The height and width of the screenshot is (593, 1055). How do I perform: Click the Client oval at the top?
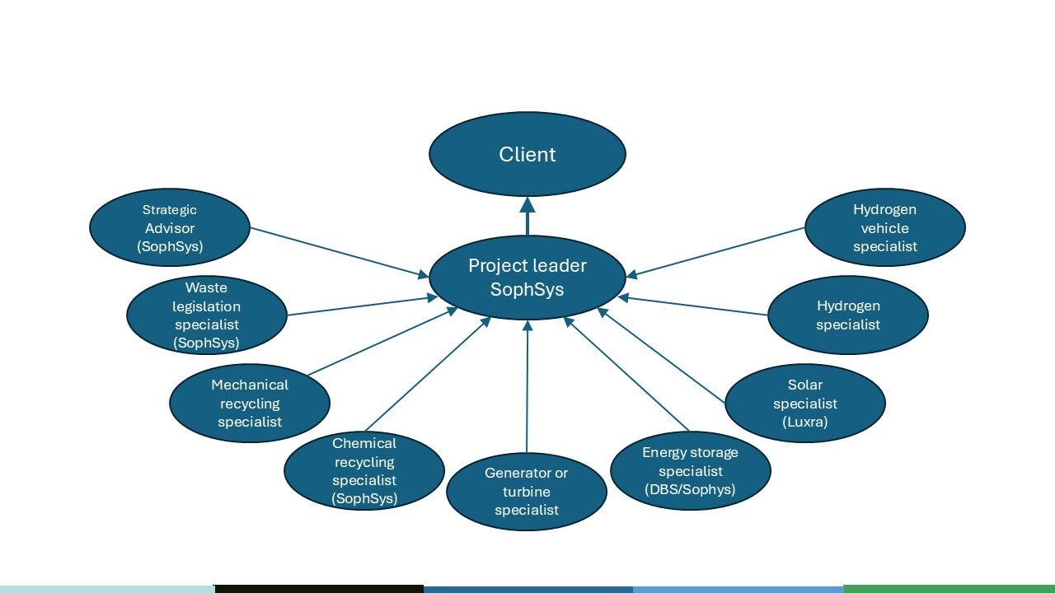point(527,154)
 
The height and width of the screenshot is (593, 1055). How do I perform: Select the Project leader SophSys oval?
point(527,278)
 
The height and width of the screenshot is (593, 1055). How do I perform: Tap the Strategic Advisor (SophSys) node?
point(169,228)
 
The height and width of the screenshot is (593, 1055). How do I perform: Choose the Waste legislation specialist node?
point(206,315)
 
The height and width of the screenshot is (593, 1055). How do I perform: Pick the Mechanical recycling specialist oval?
point(250,404)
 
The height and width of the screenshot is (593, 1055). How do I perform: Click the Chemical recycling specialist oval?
point(364,471)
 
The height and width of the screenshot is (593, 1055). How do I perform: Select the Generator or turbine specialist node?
point(527,492)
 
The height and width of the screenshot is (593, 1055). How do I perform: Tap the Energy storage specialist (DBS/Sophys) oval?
point(691,471)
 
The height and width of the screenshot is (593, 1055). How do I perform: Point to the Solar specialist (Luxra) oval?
point(805,404)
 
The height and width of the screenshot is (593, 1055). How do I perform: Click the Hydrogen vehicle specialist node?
point(885,228)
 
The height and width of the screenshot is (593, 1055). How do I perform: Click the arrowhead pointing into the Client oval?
point(527,205)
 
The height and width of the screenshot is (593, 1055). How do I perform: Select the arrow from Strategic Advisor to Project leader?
point(338,251)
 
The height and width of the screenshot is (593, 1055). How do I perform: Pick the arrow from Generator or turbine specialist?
point(527,387)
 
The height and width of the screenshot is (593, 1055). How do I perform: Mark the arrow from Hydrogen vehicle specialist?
point(717,251)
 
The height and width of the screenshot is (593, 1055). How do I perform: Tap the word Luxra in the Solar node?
point(805,423)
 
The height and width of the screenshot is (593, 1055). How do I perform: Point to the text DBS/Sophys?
point(691,490)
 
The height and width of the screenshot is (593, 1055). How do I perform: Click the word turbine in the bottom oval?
point(527,492)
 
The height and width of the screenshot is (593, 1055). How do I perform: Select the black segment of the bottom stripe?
point(319,588)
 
